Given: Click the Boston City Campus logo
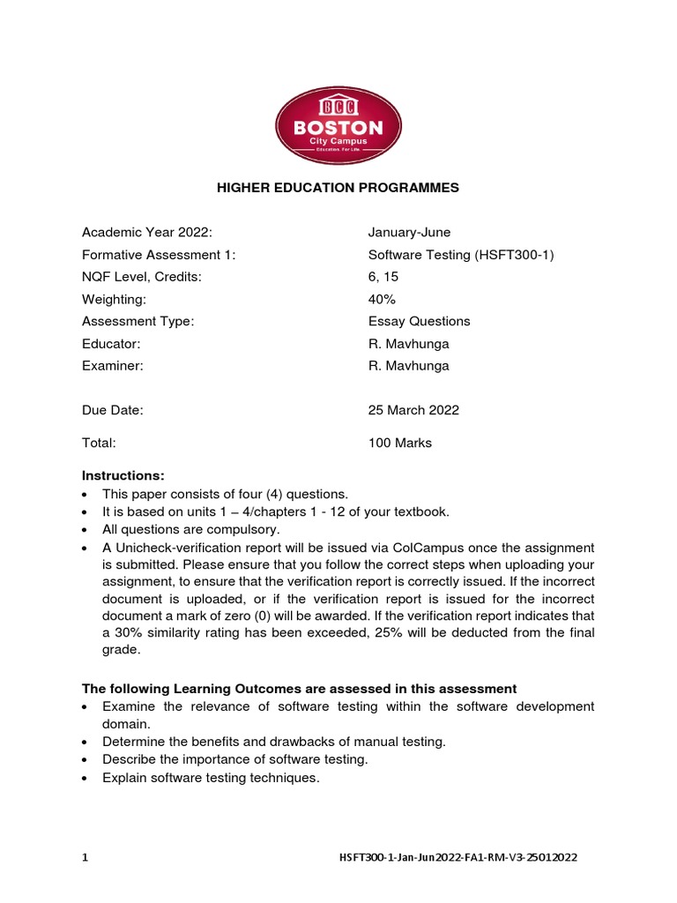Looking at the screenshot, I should (338, 126).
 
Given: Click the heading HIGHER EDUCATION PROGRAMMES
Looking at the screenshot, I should (338, 188).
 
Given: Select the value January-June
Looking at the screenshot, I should (409, 232).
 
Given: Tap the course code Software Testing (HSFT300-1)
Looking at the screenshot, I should (461, 255).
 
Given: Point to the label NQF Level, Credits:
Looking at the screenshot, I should (142, 277).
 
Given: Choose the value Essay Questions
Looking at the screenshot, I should (419, 321).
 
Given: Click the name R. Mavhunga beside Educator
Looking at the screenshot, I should (408, 344).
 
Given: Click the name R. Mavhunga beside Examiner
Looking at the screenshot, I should (408, 366).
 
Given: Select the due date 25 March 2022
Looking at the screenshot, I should (413, 410).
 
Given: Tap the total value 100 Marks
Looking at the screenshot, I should (400, 443).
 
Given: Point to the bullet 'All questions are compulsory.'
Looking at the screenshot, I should (190, 529).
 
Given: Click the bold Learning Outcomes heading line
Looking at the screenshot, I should (299, 688).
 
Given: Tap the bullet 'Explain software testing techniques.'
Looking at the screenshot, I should (210, 778).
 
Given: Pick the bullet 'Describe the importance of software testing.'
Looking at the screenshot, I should (234, 759).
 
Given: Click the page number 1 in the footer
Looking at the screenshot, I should (85, 857).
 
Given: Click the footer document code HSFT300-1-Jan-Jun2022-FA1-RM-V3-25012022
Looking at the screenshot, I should (458, 857).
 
